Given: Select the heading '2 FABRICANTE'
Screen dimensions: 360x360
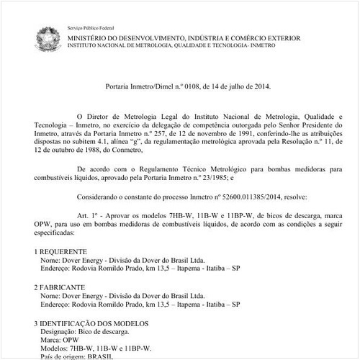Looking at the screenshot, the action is (60, 287).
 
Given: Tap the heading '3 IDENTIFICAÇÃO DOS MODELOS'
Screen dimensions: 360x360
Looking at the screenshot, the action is (91, 323).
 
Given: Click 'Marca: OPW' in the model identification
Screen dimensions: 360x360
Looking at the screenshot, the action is (60, 340).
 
